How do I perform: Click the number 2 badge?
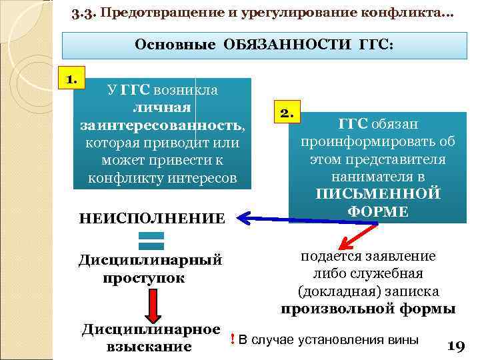point(287,113)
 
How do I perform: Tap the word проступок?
point(144,277)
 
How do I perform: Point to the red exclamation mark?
point(231,339)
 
